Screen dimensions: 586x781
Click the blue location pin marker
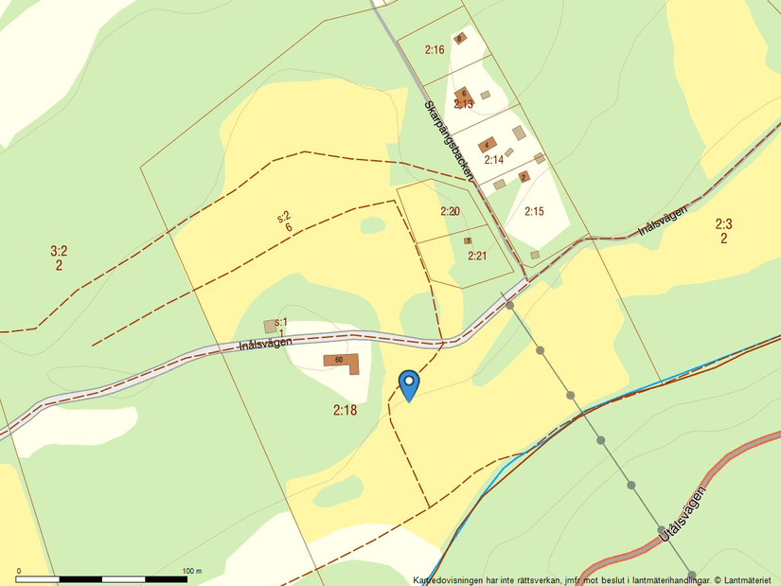click(409, 384)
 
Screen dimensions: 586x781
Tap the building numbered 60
click(343, 362)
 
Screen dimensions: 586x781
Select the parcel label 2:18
click(345, 411)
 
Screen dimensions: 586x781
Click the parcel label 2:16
click(435, 50)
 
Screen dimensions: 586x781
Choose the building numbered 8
click(460, 39)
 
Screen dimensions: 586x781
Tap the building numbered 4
click(488, 145)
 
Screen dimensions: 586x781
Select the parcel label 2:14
click(493, 160)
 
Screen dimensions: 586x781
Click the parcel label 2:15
click(534, 211)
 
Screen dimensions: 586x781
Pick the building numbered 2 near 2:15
click(523, 176)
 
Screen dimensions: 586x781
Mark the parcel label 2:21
click(476, 256)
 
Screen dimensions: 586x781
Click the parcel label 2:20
click(450, 211)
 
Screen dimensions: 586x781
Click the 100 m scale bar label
click(192, 570)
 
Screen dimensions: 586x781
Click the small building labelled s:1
click(271, 326)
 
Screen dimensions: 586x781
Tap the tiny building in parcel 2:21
click(468, 240)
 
